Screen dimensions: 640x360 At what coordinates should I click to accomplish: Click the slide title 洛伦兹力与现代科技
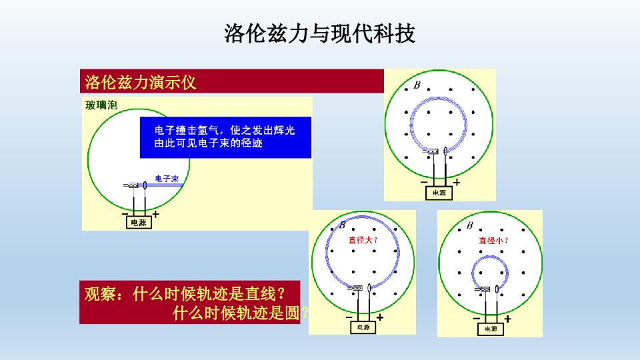[319, 33]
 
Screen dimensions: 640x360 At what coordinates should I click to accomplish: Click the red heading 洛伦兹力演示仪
[141, 83]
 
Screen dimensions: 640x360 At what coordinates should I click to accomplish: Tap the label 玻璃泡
[101, 105]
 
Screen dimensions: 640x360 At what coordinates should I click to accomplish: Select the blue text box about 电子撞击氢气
[225, 137]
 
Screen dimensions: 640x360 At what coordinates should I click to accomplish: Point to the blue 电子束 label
[167, 179]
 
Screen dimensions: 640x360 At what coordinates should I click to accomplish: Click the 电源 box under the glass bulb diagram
[139, 223]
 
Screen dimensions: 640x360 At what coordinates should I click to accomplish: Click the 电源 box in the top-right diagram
[439, 193]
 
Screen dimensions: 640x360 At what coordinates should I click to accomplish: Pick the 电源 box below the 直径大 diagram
[363, 327]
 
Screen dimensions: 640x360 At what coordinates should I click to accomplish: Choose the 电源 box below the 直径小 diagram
[491, 329]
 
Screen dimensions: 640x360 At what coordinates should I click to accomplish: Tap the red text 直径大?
[363, 240]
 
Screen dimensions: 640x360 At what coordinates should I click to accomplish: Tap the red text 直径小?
[493, 241]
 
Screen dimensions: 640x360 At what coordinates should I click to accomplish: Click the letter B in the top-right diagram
[417, 85]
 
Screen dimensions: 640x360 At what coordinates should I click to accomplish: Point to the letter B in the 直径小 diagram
[470, 225]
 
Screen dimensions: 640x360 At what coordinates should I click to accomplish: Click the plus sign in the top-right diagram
[456, 183]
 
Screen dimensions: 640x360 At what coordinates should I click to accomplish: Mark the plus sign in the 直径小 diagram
[507, 319]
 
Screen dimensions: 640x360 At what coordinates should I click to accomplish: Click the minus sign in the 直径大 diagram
[349, 317]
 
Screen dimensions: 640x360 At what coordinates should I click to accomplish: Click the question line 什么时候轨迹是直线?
[208, 294]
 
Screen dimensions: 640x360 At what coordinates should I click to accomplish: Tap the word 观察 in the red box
[99, 294]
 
